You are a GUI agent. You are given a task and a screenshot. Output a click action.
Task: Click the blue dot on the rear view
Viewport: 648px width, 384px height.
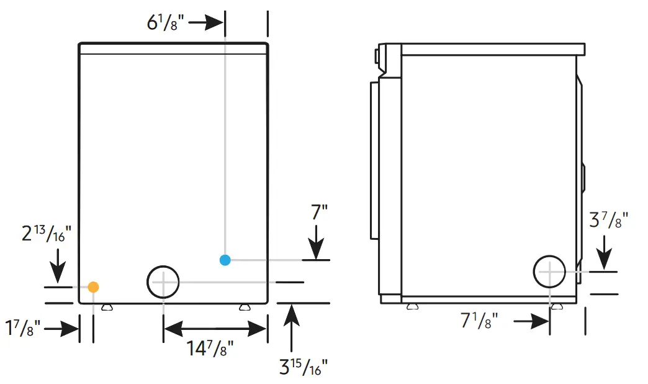[225, 260]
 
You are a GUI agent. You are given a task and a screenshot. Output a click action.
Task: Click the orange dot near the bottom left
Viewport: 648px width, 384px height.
[93, 286]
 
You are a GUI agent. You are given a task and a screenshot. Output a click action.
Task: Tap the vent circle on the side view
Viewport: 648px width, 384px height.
[550, 272]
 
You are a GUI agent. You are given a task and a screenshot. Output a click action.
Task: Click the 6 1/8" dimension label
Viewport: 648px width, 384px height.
[165, 23]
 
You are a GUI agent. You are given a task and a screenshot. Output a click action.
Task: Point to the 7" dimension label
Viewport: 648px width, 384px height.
[319, 213]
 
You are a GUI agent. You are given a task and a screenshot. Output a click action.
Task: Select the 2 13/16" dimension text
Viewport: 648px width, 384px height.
[47, 234]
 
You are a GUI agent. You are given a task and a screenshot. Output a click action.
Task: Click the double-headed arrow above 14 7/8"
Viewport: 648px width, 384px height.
[215, 328]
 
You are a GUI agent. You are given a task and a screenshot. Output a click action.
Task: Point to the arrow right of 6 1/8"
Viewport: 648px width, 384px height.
[206, 23]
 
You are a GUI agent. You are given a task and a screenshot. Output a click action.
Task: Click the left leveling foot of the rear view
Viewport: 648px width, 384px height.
[107, 306]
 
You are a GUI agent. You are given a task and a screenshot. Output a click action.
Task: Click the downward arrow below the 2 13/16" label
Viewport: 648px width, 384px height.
[57, 266]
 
